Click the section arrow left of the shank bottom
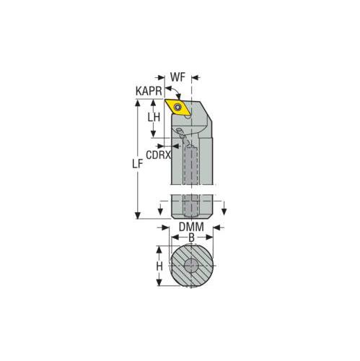click(159, 210)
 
